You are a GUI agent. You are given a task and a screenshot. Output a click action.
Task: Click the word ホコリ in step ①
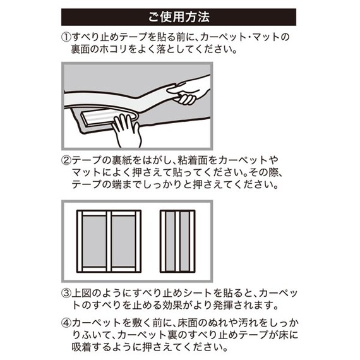pos(124,50)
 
